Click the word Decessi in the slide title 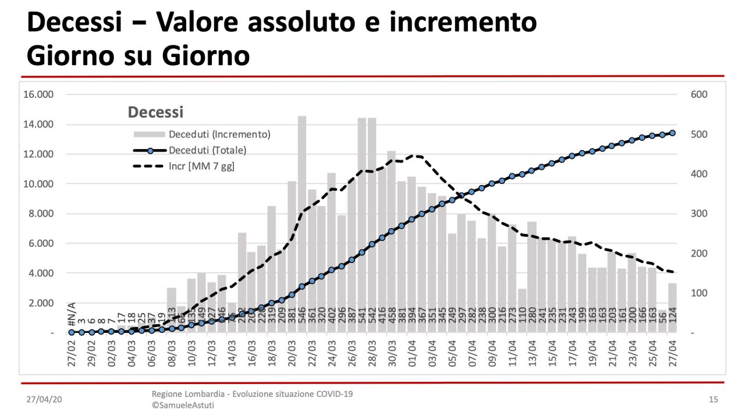coord(74,22)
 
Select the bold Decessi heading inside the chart coord(155,112)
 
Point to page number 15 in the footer coord(713,400)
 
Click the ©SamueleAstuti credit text coord(183,405)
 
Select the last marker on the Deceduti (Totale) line coord(672,133)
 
